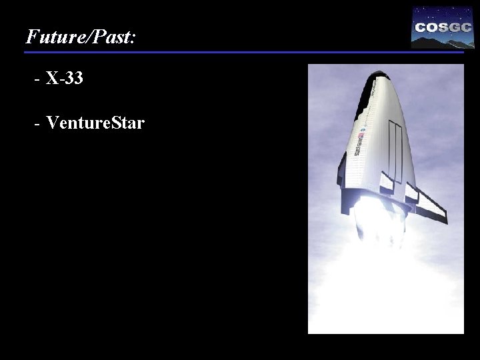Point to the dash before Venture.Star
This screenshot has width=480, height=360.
[x=36, y=124]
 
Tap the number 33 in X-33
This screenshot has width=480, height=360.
[x=74, y=79]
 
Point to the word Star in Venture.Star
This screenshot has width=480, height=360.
[x=127, y=123]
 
